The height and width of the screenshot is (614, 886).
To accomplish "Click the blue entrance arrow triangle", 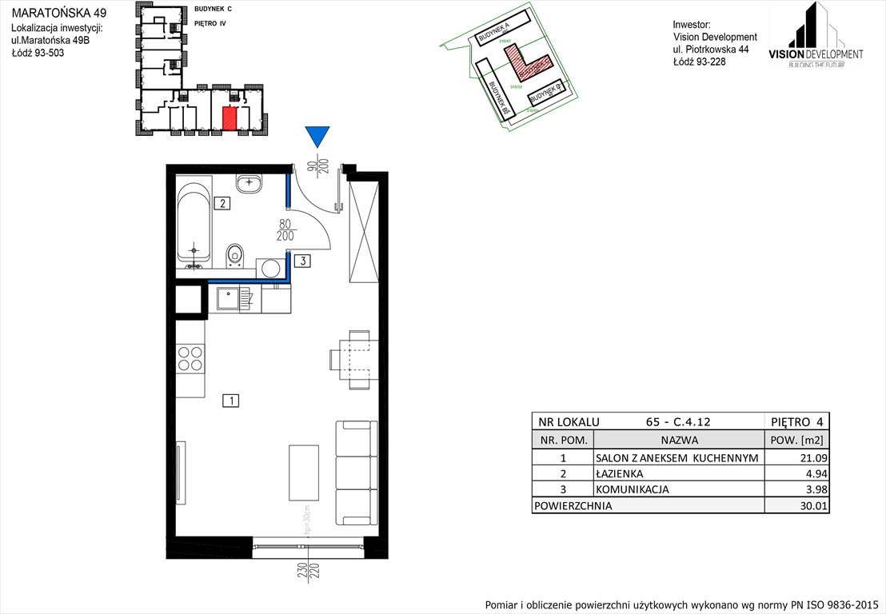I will click(x=317, y=137).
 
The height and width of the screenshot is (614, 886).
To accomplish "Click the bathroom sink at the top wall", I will click(x=251, y=183).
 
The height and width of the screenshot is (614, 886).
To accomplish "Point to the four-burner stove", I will click(x=190, y=357).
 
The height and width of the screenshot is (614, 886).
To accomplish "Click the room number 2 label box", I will click(x=223, y=203).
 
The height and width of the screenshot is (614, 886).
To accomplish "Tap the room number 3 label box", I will click(x=301, y=260).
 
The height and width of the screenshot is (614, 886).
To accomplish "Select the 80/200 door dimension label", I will click(x=285, y=230).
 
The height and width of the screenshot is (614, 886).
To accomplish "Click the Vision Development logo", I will click(x=816, y=35).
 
